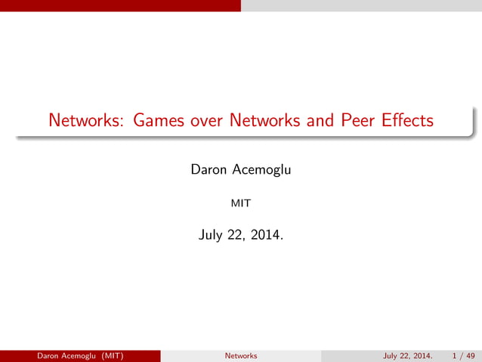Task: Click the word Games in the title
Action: (x=156, y=120)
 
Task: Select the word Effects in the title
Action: (x=408, y=120)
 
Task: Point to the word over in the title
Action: (x=206, y=120)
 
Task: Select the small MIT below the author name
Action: (x=240, y=203)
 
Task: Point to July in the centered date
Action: (x=212, y=236)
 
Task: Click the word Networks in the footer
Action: (x=241, y=355)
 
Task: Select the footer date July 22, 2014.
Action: (x=408, y=355)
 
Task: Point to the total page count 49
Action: (x=471, y=355)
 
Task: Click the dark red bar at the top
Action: (x=121, y=5)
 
